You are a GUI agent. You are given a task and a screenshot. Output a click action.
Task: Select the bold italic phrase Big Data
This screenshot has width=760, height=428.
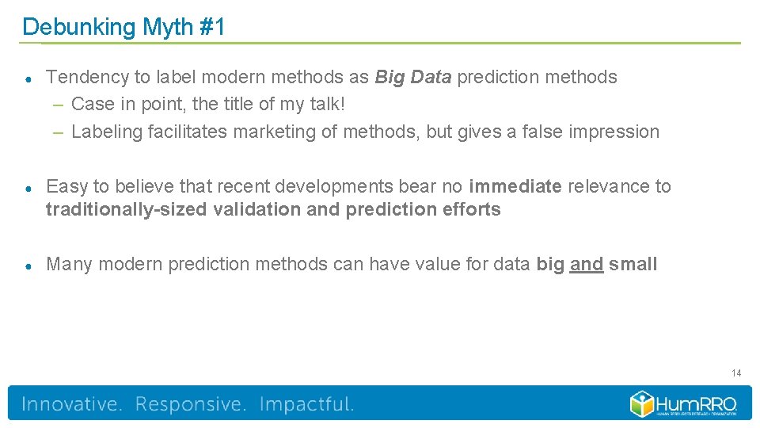pos(413,77)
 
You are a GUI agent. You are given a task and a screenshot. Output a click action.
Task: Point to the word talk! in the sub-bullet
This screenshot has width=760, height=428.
pos(325,105)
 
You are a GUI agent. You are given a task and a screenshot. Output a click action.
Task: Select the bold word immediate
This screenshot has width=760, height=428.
pos(515,186)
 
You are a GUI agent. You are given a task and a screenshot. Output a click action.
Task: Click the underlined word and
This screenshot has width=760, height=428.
pos(587,264)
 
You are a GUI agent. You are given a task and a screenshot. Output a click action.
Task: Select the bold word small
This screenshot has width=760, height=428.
pos(633,264)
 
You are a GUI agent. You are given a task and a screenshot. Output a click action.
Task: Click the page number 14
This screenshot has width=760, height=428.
pos(736,373)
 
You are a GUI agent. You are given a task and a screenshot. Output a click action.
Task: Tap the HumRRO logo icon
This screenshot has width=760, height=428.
pos(641,403)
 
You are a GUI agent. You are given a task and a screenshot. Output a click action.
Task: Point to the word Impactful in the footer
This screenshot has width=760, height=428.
pos(307,404)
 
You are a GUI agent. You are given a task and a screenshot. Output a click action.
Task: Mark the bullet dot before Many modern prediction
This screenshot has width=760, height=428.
pos(28,265)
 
